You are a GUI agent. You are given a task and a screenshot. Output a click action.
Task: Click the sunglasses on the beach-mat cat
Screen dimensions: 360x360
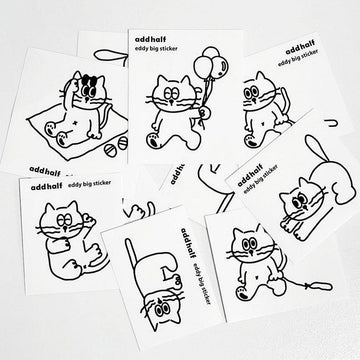click(89, 80)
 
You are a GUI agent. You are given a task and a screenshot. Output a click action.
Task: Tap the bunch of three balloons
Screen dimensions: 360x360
click(212, 63)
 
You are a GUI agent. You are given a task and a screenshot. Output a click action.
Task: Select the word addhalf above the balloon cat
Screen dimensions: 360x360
click(150, 39)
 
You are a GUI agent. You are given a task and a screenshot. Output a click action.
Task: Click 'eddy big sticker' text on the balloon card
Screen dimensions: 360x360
click(156, 49)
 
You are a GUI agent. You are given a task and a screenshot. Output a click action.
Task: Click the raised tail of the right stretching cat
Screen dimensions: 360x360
click(317, 148)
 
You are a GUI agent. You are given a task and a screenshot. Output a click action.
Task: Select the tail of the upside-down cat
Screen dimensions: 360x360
click(131, 255)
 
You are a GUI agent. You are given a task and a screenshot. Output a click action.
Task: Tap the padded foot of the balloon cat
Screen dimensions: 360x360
click(154, 140)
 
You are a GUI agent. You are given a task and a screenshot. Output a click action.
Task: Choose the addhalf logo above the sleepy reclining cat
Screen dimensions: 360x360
click(46, 187)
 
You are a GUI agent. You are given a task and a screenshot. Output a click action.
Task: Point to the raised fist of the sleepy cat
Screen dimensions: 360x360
click(89, 221)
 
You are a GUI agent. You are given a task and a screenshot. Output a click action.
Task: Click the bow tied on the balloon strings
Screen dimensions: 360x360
click(202, 114)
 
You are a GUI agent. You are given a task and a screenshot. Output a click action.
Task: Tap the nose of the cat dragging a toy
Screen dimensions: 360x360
click(251, 254)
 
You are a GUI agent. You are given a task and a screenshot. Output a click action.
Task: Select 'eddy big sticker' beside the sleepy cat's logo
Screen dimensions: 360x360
click(89, 184)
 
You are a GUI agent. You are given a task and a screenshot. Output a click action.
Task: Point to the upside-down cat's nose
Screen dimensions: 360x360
click(161, 300)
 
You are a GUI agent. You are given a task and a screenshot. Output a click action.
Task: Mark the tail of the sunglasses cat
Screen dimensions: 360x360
click(107, 115)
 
